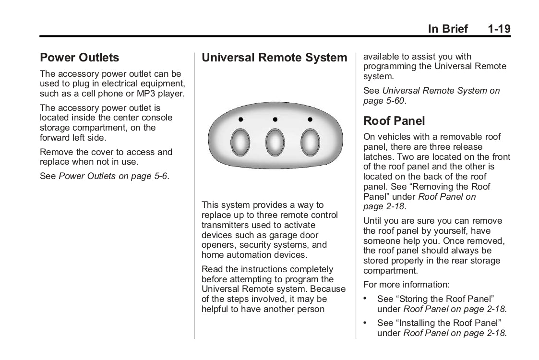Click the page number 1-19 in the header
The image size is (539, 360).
point(499,29)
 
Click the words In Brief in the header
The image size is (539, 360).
point(447,29)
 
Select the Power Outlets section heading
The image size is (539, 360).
point(80,58)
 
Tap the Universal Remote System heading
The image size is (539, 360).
point(274,58)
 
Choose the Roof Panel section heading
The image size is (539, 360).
point(394,120)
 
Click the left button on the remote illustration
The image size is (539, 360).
point(240,143)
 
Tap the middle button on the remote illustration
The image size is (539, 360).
point(275,143)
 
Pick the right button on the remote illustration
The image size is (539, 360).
point(310,143)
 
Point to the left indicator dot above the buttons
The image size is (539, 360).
point(240,119)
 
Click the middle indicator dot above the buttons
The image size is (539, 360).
point(275,119)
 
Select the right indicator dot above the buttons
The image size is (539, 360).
point(310,119)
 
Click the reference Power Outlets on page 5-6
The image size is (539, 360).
point(113,176)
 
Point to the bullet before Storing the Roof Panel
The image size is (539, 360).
point(366,299)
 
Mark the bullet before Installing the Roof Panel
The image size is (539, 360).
point(366,323)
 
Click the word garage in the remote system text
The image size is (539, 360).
point(286,235)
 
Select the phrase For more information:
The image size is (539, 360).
point(395,285)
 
